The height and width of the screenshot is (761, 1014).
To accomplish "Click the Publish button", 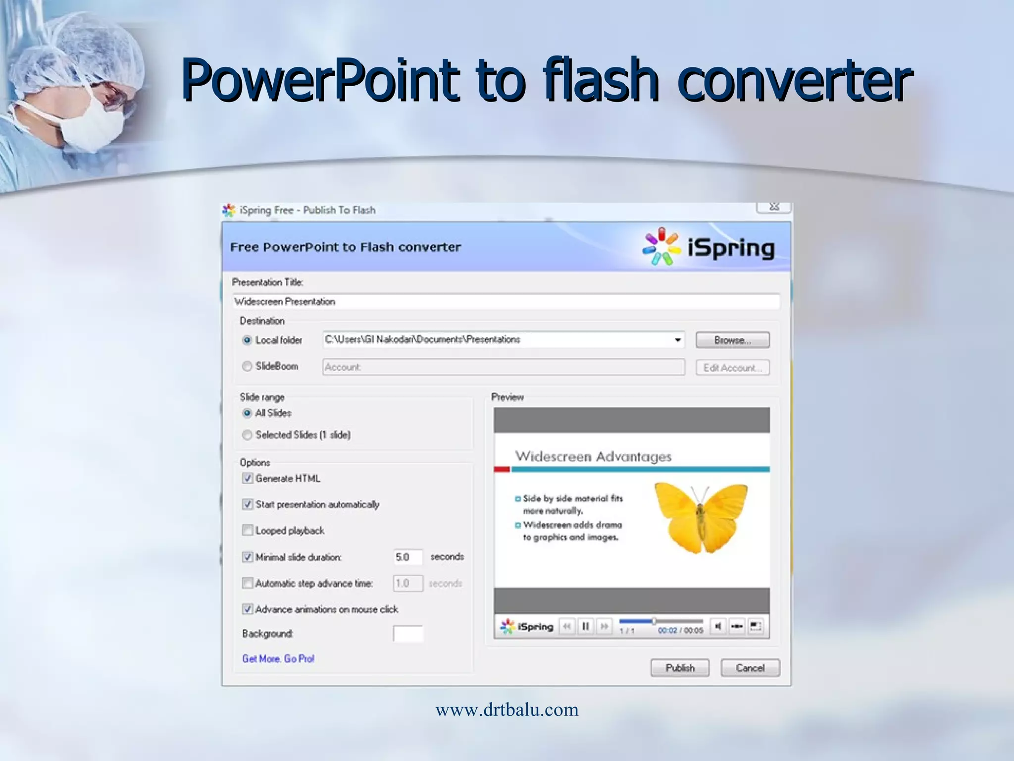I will (x=679, y=668).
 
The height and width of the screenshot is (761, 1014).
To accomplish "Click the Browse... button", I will (x=732, y=340).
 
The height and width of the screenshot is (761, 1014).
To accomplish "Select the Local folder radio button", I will (x=247, y=340).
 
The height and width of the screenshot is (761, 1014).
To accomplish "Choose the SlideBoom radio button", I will (x=247, y=367).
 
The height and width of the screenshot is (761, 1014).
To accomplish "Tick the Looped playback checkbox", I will (x=248, y=530).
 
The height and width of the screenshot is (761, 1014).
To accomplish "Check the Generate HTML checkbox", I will (x=248, y=478).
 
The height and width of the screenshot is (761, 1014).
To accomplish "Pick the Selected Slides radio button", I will (x=247, y=435).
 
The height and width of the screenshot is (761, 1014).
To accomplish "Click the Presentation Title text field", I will (x=505, y=302).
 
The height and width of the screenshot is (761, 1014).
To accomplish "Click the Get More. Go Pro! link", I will (x=278, y=658).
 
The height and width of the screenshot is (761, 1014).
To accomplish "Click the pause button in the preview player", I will (x=585, y=627).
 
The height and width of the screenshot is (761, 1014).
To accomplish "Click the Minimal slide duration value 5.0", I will (x=407, y=557).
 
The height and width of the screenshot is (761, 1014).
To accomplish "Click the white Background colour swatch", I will (x=408, y=634).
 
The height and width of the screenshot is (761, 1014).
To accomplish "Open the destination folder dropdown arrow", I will (x=677, y=340).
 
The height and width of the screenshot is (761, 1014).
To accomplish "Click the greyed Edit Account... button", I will (x=732, y=368).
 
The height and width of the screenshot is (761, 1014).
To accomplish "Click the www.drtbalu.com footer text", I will (x=507, y=709).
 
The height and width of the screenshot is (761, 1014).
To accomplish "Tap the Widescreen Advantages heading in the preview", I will (x=593, y=456).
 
